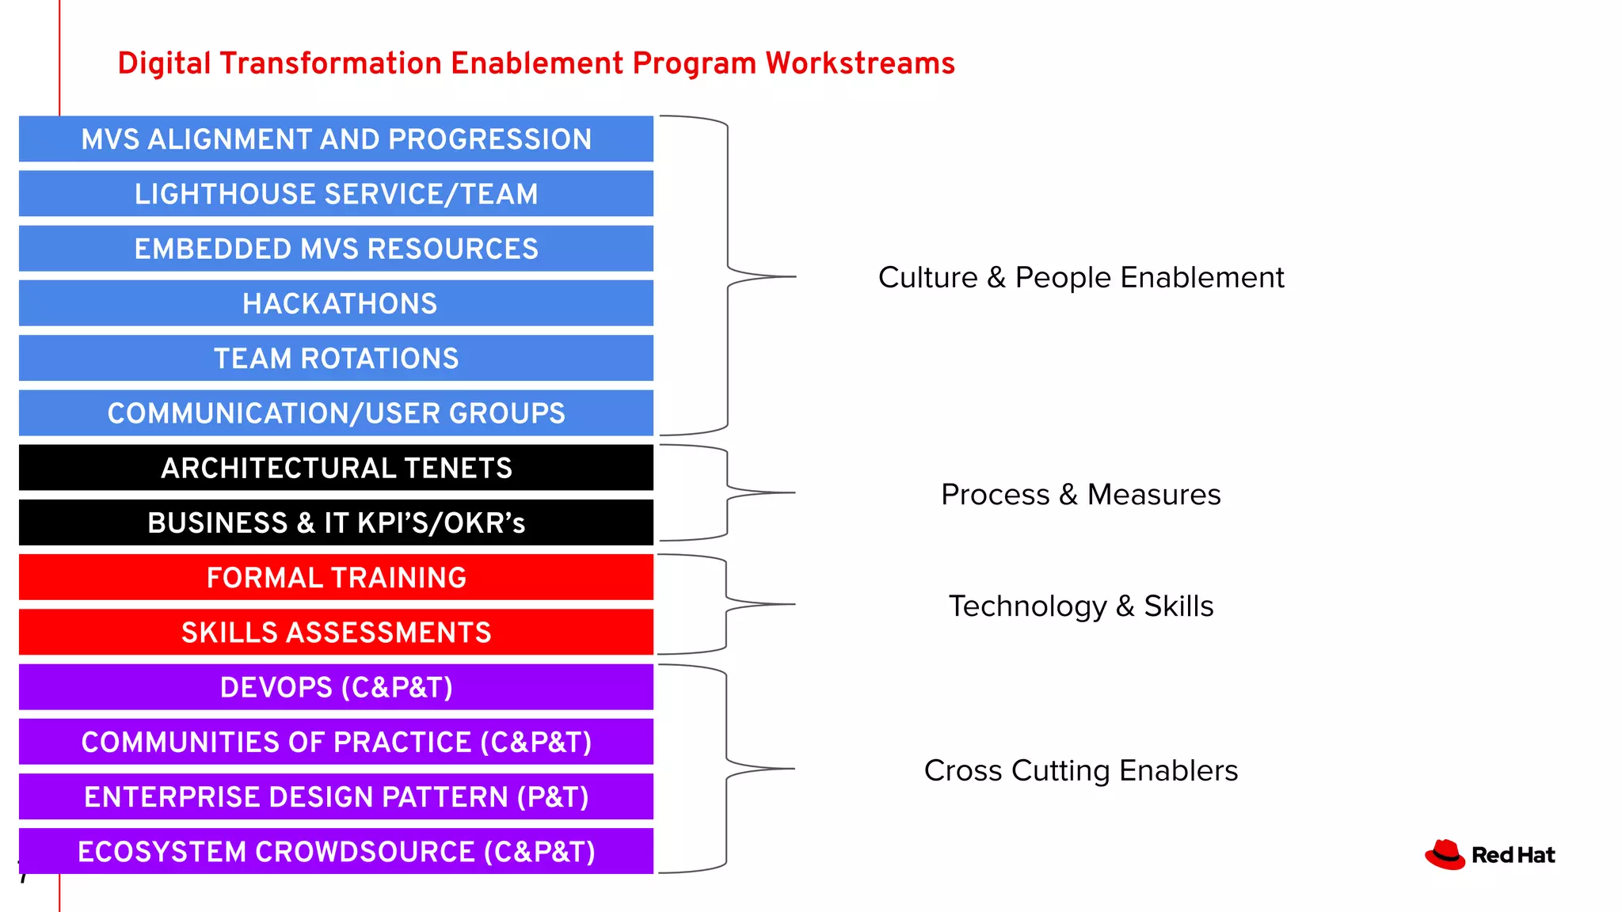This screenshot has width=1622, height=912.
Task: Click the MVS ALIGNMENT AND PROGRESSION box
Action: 336,139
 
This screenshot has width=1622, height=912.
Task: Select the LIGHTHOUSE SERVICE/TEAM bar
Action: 336,194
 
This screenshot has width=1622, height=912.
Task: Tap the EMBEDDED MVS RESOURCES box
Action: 336,249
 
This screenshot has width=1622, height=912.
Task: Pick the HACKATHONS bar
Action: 336,303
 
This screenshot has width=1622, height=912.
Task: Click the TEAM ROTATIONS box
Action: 336,358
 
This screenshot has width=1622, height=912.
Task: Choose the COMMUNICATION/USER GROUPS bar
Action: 336,412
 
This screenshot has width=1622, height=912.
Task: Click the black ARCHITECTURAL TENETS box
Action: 336,468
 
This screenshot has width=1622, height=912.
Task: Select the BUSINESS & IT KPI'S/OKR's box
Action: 336,522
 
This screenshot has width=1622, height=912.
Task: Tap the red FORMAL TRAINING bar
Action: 336,577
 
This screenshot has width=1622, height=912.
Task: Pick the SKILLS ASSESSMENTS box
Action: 336,632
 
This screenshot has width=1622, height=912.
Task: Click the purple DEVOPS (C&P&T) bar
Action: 336,687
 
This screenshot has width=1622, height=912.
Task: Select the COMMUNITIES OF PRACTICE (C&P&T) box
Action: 336,742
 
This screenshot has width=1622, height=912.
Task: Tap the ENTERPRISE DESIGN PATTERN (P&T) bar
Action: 336,796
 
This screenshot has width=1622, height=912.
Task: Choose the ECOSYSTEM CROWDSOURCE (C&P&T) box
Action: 336,851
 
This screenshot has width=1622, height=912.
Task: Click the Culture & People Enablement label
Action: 1080,278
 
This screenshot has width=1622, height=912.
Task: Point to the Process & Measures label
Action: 1080,495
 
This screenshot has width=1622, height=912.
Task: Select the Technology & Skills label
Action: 1080,606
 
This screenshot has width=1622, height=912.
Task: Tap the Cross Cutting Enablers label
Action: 1080,771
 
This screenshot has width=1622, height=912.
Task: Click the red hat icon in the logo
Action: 1445,855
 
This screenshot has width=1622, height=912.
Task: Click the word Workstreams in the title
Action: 859,63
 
